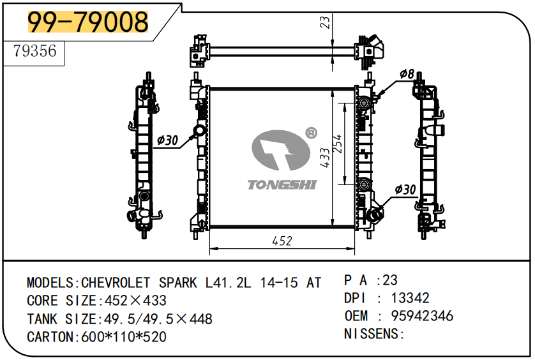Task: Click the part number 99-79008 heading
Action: pos(87,22)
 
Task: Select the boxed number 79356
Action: pos(35,50)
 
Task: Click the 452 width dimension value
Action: pos(282,241)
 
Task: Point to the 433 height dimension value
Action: pos(325,158)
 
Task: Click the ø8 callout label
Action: pos(407,75)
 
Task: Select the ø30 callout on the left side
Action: pos(167,140)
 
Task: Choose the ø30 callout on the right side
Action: pos(405,190)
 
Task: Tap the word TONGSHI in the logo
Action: pos(282,185)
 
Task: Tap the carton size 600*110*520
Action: pos(124,336)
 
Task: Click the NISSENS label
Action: pos(373,334)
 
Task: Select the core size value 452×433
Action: pos(132,301)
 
